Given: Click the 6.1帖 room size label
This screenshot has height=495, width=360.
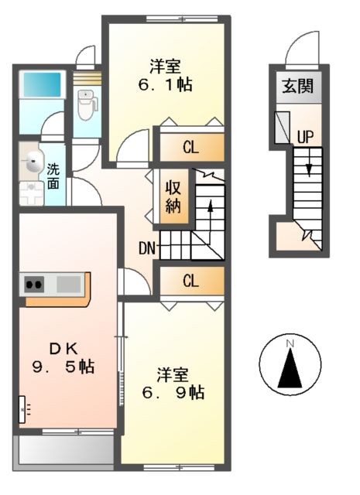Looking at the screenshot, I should tap(166, 83).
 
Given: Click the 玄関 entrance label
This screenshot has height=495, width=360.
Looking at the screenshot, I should tap(297, 86).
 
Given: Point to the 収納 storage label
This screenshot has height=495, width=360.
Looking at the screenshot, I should tap(172, 197).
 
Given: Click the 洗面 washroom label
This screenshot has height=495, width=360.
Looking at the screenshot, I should tap(53, 176).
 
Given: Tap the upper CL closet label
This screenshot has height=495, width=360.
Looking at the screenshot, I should tap(190, 145).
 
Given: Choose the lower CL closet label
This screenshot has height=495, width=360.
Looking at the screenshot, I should tap(190, 281).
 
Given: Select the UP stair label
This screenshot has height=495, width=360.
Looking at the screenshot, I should tap(305, 137).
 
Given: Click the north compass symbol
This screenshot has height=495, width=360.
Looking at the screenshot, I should tap(290, 367).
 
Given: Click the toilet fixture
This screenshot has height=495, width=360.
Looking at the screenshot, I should tap(85, 104).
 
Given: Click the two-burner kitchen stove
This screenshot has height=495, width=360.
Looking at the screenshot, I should tap(35, 284).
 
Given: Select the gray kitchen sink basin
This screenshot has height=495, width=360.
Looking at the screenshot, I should tap(68, 284).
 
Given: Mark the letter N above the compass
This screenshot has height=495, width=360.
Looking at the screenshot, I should tap(290, 343).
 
